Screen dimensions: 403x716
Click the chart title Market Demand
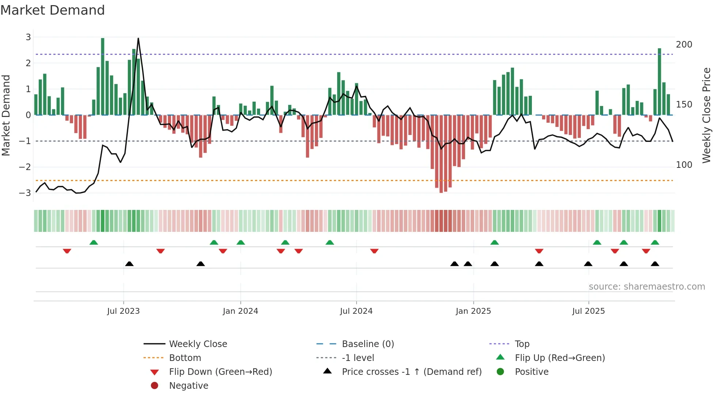click(x=53, y=10)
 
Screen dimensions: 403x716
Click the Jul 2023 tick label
click(x=123, y=311)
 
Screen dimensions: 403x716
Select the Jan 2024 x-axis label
click(x=240, y=311)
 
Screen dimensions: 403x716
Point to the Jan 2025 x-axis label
click(x=473, y=311)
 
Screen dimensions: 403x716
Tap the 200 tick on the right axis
click(x=684, y=45)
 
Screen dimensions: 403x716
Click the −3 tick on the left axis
click(x=25, y=193)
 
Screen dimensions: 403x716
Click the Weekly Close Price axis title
click(x=707, y=115)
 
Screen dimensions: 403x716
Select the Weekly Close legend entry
click(x=198, y=344)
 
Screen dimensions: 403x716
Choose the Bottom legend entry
click(x=185, y=358)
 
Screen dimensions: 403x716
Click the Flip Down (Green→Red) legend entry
click(x=220, y=372)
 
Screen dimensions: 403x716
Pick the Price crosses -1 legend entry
click(x=411, y=372)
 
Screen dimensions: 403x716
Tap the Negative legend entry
click(x=188, y=385)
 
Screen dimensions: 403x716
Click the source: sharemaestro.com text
click(x=647, y=286)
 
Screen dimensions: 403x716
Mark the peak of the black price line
click(x=138, y=38)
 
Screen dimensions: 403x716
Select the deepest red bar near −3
click(x=441, y=154)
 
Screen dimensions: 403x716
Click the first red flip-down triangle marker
click(x=67, y=251)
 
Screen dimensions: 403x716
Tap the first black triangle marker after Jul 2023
click(x=129, y=264)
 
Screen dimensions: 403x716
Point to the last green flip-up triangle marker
click(x=655, y=242)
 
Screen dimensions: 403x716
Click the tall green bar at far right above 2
click(x=659, y=82)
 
